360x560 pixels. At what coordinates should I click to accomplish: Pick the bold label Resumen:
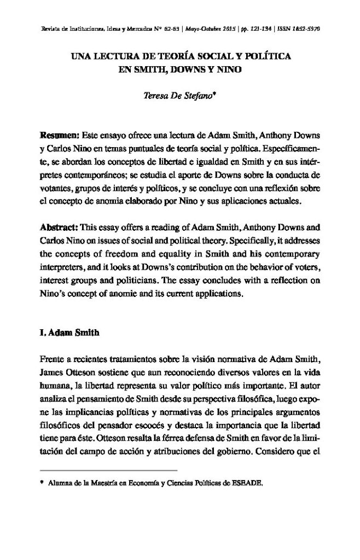point(61,135)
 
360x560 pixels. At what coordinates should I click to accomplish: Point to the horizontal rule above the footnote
point(109,470)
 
